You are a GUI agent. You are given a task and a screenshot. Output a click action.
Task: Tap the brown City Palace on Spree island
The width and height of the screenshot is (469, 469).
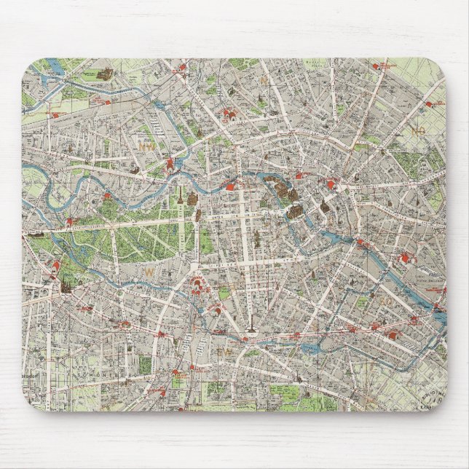[293, 212]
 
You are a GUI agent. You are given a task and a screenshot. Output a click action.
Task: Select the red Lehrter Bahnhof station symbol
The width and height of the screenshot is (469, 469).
[169, 165]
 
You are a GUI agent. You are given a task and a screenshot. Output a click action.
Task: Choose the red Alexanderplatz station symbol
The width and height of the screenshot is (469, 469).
[334, 184]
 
